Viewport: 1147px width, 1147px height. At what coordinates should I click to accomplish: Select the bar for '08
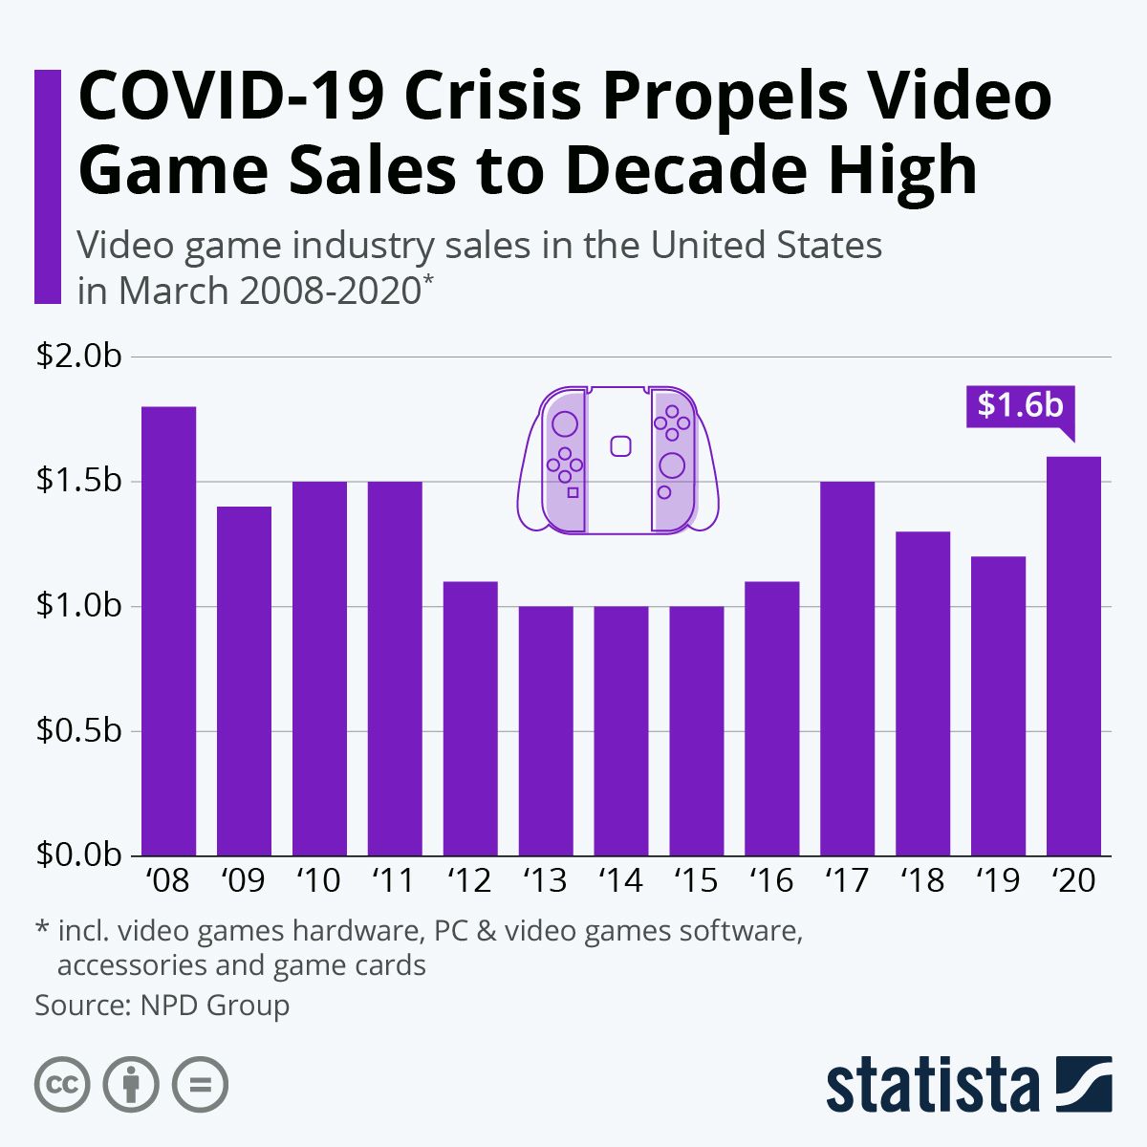169,631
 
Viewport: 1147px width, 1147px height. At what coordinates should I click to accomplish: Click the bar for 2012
470,718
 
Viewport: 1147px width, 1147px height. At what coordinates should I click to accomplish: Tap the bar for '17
847,668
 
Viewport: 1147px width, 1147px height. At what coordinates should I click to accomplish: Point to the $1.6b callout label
1020,405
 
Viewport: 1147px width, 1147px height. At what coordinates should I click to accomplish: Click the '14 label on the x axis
620,880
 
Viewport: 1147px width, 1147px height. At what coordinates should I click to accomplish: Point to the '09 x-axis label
244,880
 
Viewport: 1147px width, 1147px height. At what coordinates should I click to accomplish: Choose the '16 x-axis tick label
771,880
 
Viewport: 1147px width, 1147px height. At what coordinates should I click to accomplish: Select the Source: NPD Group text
162,1006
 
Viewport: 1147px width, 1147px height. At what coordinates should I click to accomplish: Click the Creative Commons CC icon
62,1085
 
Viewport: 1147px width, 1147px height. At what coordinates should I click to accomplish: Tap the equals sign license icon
200,1085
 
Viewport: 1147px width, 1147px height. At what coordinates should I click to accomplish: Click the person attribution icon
131,1085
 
